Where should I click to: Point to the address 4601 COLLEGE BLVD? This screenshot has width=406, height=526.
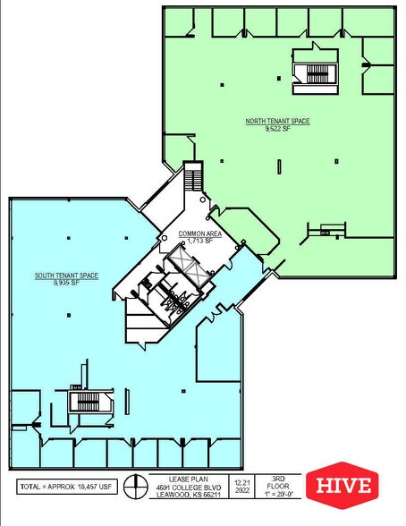pyautogui.click(x=184, y=488)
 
